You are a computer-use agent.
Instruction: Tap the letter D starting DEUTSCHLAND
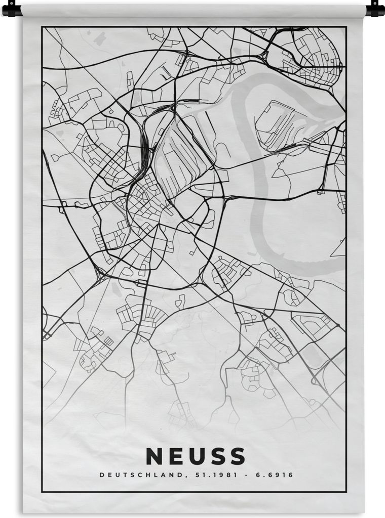click(x=102, y=475)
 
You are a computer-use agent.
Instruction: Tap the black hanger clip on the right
click(x=375, y=9)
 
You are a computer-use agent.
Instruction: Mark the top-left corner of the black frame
click(x=43, y=27)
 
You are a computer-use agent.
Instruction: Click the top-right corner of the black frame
click(x=346, y=27)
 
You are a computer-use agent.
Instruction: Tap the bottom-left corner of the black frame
click(x=43, y=491)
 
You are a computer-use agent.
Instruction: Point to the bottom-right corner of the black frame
click(x=346, y=491)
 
